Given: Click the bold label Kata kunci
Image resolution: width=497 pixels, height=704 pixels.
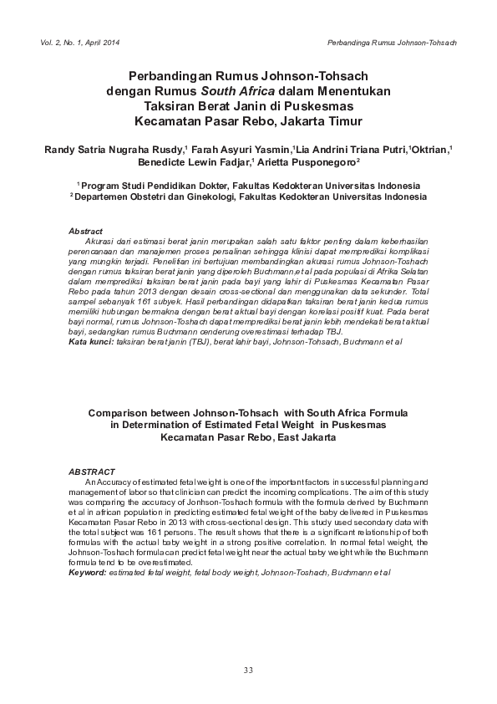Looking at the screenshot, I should pos(89,342).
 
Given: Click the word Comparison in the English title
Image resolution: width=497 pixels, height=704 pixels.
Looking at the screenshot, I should pos(123,412).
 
